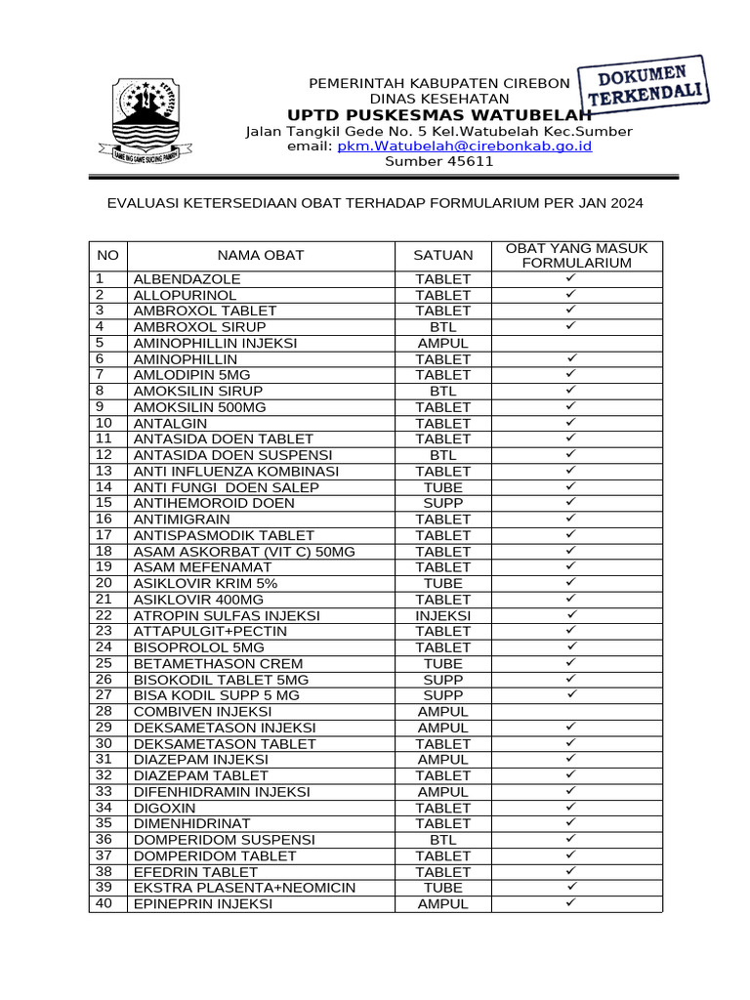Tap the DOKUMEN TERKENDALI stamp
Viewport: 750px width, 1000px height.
(646, 85)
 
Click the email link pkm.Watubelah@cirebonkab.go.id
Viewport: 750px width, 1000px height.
(465, 146)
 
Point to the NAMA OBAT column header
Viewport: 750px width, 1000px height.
(261, 256)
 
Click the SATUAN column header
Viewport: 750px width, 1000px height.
(442, 256)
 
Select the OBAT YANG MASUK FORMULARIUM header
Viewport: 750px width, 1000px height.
(576, 256)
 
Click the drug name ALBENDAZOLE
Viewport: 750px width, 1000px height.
(187, 279)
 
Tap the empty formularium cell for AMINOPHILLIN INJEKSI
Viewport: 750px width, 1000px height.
(576, 344)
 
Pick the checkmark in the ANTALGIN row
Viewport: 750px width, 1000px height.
(572, 423)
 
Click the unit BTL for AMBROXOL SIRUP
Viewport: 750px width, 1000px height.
(442, 327)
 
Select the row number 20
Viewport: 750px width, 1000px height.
(105, 583)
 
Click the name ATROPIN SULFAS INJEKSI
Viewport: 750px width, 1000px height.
(227, 616)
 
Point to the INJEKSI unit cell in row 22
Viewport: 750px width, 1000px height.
(442, 616)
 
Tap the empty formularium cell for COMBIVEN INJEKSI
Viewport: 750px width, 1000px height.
(576, 712)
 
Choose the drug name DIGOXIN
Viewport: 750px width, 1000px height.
(164, 809)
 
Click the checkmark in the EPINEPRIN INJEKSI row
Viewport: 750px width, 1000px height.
(572, 903)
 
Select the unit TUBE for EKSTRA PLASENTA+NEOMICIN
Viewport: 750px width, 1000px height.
(442, 888)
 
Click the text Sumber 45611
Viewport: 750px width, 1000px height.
(438, 162)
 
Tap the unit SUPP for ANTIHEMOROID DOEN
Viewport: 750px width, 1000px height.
(442, 504)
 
